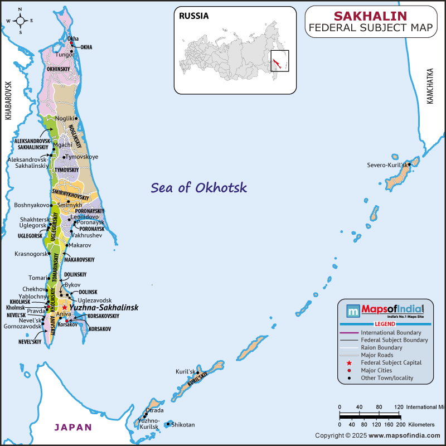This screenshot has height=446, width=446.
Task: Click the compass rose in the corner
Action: tap(20, 21)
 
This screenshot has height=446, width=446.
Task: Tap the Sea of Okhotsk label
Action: tap(198, 187)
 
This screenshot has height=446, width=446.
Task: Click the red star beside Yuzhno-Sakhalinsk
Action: tap(65, 307)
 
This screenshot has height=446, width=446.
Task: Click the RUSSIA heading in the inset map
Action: tap(193, 16)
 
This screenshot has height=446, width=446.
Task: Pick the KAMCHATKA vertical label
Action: tap(429, 86)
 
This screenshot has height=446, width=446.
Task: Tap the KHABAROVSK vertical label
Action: tap(8, 101)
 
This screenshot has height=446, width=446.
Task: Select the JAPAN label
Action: tap(73, 428)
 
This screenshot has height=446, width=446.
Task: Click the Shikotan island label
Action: tap(183, 425)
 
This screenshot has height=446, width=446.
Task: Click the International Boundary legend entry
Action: tap(394, 332)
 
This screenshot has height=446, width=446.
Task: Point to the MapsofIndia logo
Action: tap(385, 311)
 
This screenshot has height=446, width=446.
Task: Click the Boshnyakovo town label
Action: tap(32, 205)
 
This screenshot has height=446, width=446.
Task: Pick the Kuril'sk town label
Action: tap(186, 372)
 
